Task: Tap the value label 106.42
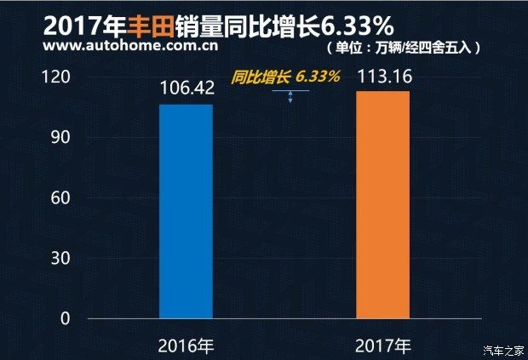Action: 187,89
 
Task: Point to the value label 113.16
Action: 383,77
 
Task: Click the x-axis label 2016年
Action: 187,346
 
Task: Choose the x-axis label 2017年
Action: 383,346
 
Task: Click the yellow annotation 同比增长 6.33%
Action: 285,77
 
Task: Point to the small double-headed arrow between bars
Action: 290,97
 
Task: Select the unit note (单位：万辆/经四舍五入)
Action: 404,47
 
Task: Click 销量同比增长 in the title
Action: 241,20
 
